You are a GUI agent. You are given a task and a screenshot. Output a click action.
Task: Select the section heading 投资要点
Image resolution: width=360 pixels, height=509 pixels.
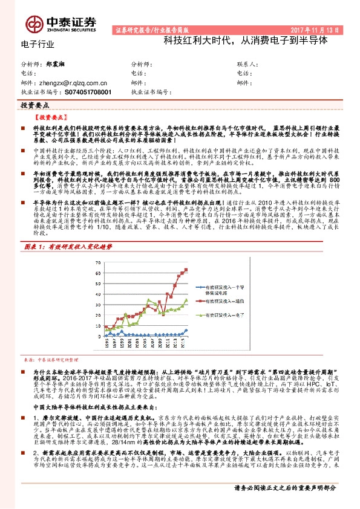click(x=34, y=105)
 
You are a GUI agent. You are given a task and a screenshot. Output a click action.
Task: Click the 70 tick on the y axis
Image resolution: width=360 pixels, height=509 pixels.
click(x=99, y=263)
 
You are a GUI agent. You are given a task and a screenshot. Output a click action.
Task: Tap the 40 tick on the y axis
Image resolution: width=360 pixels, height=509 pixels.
click(x=99, y=296)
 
